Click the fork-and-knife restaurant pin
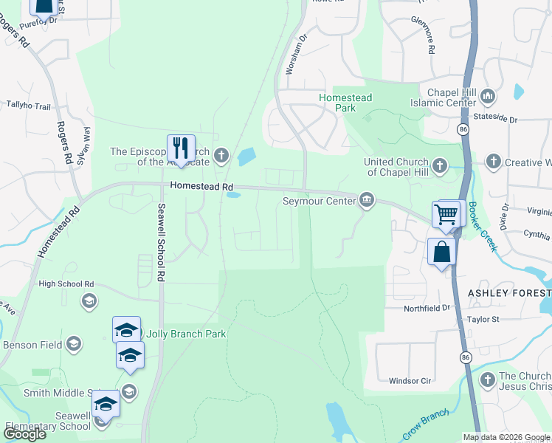click(181, 148)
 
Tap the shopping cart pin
click(446, 215)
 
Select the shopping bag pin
click(441, 252)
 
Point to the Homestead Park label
click(345, 103)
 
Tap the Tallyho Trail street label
click(28, 106)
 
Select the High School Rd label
click(66, 284)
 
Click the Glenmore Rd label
click(426, 35)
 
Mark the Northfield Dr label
click(427, 308)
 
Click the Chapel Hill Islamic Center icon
click(488, 97)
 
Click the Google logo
click(25, 434)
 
